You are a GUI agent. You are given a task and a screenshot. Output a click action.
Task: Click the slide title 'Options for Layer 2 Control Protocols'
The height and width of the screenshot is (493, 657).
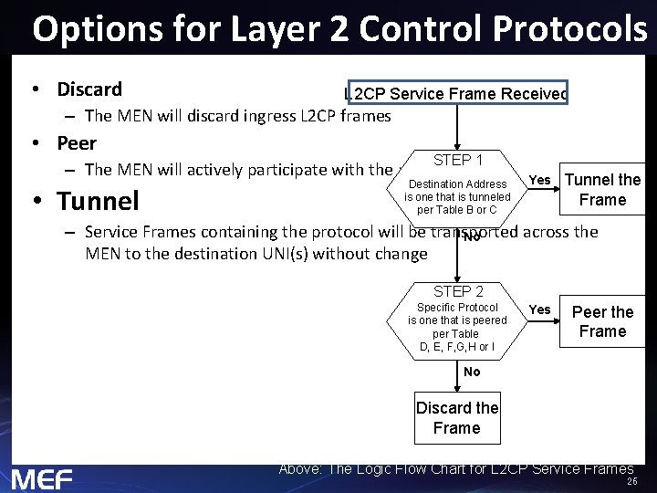339,29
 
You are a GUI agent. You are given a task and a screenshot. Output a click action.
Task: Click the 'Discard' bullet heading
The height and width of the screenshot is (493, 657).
89,89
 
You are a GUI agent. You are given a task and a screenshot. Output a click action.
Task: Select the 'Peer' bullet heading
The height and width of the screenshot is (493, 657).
76,143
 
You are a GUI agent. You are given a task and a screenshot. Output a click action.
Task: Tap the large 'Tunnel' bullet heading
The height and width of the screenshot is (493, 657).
97,200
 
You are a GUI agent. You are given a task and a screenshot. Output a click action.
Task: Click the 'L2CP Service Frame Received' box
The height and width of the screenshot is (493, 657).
456,94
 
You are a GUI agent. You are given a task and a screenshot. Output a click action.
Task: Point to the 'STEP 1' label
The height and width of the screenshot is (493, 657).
458,161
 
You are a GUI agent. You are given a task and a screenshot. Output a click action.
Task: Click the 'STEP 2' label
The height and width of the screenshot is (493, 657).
458,291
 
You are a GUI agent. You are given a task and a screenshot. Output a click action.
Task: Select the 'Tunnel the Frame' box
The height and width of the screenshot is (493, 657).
603,190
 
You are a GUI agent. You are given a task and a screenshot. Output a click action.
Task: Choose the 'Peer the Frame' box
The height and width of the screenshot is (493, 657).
602,321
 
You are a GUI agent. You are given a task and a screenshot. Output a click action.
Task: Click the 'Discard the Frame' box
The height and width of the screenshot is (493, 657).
457,418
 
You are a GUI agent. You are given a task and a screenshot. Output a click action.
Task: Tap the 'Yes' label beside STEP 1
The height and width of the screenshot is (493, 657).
540,180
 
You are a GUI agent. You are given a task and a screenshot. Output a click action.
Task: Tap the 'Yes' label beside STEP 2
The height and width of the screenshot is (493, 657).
540,309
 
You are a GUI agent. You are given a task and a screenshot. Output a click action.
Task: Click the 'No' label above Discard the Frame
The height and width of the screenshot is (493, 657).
472,372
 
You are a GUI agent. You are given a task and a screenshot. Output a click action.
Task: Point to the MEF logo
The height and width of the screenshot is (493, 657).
42,478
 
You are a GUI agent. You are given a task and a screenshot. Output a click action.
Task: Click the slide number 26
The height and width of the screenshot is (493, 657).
631,482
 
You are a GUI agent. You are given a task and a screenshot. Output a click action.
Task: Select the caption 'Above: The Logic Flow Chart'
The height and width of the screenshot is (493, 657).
455,469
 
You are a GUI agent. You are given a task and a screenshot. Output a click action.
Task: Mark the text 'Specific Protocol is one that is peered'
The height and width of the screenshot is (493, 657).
457,314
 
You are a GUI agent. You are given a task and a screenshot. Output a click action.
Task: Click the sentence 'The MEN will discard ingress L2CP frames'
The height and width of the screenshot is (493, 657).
237,116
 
